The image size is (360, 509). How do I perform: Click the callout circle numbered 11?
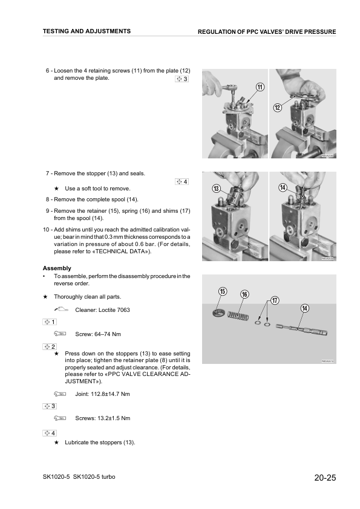pos(260,87)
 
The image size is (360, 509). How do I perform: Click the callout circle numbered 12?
pos(278,108)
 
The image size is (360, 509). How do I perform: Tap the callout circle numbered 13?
pos(216,189)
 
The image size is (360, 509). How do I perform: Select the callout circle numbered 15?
pos(222,291)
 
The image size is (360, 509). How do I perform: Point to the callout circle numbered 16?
pos(244,294)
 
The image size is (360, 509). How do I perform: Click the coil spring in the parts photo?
pos(238,315)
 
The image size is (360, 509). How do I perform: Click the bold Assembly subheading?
pos(56,268)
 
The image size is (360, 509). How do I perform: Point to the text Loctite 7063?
pos(115,310)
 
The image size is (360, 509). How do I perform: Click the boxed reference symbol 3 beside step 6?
pos(182,79)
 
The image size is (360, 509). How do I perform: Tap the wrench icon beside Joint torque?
pos(59,394)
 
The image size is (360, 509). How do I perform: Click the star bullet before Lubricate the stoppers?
pos(56,443)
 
